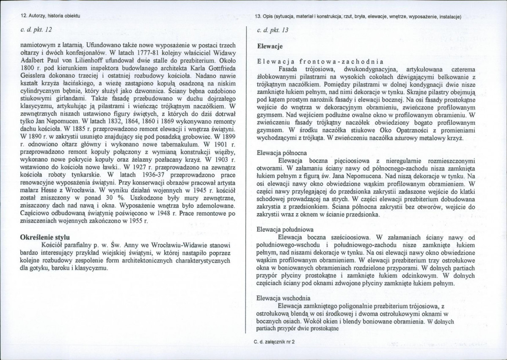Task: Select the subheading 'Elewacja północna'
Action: (x=280, y=152)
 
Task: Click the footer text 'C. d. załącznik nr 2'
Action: (x=274, y=341)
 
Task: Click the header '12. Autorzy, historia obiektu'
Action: (x=50, y=16)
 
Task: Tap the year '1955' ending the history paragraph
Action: (x=132, y=221)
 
